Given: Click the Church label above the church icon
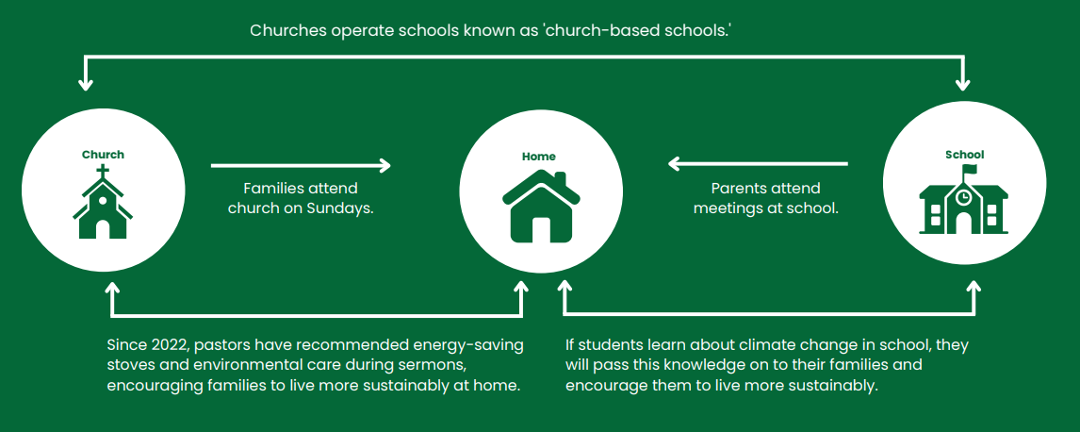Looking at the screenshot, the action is coord(104,155).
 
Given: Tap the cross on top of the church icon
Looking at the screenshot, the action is coord(103,171).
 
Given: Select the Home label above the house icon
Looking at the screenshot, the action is coord(539,157).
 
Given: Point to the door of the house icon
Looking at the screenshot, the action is coord(541,229).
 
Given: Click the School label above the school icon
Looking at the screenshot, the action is coord(964,155).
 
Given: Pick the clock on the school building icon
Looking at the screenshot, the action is coord(963,197).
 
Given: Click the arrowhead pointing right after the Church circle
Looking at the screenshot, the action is coord(385,165).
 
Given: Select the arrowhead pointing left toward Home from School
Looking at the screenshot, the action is coord(675,164).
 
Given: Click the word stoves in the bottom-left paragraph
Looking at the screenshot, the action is coord(128,365).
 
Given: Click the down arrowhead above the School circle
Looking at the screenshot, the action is coord(963,83).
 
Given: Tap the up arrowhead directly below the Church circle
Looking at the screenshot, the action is coord(111,288).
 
